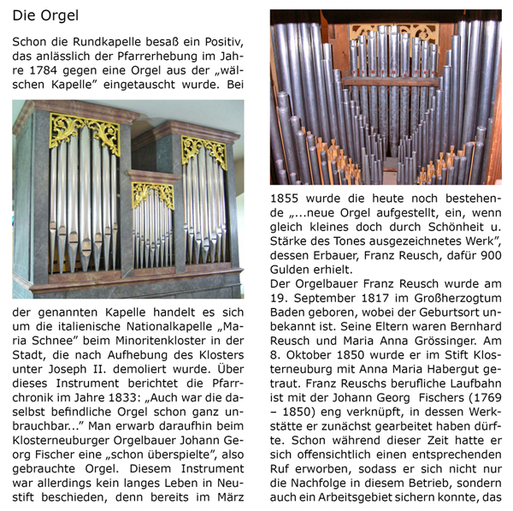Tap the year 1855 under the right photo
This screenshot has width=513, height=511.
pyautogui.click(x=288, y=196)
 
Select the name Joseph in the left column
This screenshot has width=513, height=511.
pyautogui.click(x=74, y=359)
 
